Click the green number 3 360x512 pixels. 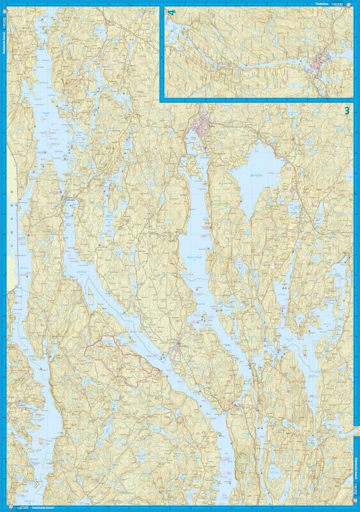(347, 110)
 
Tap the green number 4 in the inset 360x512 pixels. (170, 12)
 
